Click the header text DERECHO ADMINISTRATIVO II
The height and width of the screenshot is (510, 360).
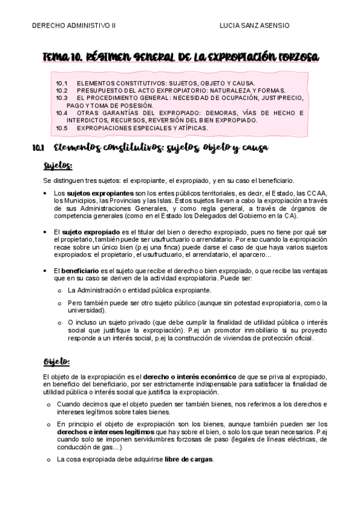click(x=73, y=26)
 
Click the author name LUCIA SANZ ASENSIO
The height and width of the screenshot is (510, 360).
click(x=255, y=26)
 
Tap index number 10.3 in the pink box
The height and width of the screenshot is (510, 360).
click(x=62, y=97)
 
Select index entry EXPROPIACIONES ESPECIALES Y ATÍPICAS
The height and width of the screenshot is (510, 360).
click(x=142, y=127)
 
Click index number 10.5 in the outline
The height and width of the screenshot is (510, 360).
click(x=62, y=127)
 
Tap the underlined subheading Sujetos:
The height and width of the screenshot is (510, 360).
click(x=58, y=165)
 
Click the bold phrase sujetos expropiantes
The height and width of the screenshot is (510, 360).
click(x=99, y=192)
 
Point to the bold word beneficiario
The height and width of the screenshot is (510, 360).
click(x=82, y=271)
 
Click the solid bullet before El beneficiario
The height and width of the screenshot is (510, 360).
click(x=46, y=271)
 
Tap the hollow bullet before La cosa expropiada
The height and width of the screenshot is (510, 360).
click(x=49, y=459)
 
